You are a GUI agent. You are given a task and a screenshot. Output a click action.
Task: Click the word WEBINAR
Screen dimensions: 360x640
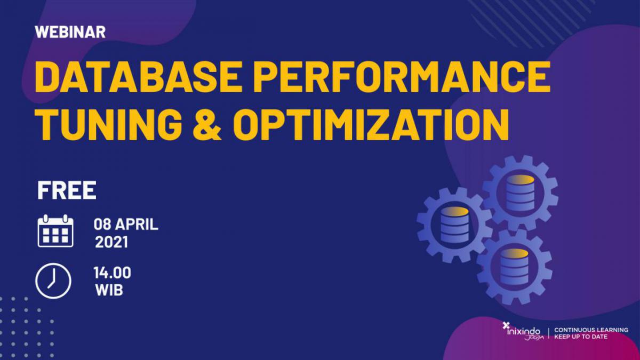70,31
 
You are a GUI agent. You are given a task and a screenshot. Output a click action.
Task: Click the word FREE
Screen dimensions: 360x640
67,191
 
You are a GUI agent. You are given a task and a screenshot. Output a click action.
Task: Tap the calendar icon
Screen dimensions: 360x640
55,230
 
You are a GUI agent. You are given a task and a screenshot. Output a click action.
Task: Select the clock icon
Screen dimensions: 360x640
53,281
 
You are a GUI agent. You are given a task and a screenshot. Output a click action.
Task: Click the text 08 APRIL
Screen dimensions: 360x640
126,225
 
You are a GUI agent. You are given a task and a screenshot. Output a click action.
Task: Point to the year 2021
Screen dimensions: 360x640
111,243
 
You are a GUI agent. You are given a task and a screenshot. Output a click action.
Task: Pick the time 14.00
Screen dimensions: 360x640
112,273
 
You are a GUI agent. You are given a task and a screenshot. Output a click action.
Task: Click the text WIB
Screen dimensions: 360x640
109,291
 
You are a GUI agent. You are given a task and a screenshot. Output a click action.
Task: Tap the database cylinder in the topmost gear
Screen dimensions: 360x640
520,193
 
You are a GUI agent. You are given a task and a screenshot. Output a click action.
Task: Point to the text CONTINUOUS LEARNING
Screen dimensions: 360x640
591,330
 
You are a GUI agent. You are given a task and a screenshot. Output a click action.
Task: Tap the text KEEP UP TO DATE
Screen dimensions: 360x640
581,337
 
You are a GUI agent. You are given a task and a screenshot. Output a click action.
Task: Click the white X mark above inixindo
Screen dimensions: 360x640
506,324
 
